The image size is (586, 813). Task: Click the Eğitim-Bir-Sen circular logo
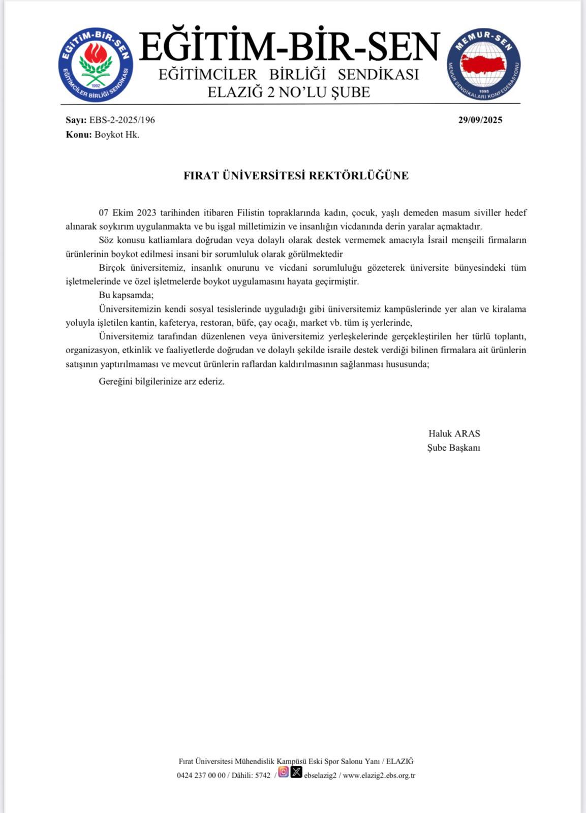(96, 65)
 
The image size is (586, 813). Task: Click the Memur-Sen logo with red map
(484, 65)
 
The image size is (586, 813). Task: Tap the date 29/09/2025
(480, 120)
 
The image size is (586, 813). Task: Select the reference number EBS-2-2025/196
(122, 120)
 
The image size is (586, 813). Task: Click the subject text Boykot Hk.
(117, 135)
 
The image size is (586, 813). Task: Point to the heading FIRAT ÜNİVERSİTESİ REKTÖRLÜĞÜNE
(296, 176)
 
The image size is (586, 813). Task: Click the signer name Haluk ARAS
(454, 433)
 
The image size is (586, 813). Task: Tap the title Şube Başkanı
(453, 448)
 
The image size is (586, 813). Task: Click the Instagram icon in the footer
(284, 772)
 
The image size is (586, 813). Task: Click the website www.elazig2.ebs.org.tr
(379, 775)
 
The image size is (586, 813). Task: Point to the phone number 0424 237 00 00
(201, 775)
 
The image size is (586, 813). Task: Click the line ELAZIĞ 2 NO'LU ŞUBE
(289, 92)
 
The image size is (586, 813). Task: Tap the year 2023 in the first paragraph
(146, 212)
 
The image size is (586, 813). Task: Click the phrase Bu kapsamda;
(126, 295)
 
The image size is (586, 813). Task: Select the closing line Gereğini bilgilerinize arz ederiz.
(162, 381)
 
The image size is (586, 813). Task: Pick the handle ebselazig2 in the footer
(320, 775)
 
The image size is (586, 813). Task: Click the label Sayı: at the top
(76, 120)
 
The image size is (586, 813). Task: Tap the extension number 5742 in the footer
(263, 775)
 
